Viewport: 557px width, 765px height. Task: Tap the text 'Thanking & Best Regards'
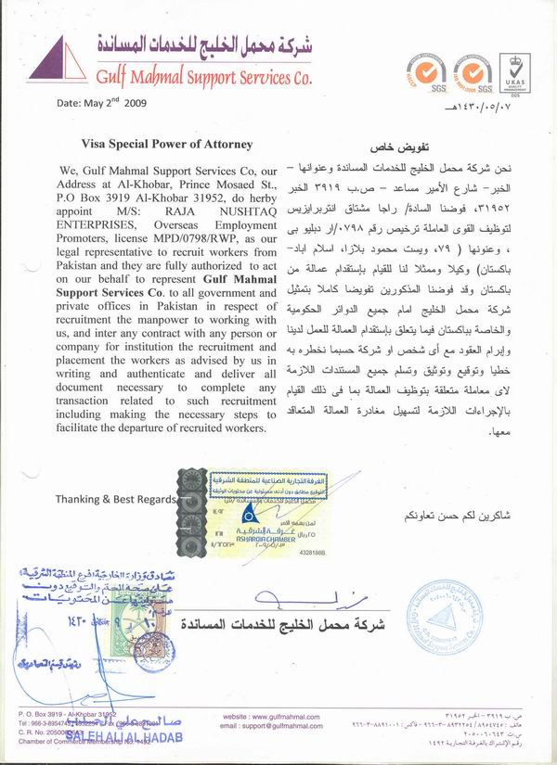[115, 498]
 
